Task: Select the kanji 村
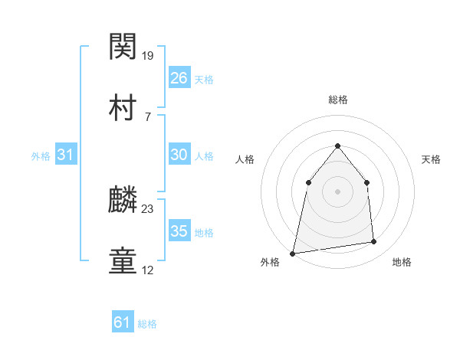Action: (124, 108)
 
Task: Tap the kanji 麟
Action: (124, 201)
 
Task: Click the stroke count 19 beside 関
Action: (149, 55)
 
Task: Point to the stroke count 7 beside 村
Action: (147, 116)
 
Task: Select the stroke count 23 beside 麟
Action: (149, 208)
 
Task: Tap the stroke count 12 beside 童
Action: (148, 270)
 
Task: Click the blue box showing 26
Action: (179, 78)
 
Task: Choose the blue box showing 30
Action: (179, 155)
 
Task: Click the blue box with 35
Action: (179, 231)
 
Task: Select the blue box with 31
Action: (67, 155)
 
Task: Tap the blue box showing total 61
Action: (122, 322)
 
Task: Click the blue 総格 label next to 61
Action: (147, 324)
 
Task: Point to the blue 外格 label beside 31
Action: (41, 156)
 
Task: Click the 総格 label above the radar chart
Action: (337, 100)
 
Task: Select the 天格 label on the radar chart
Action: (431, 159)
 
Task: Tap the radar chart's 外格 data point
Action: (293, 253)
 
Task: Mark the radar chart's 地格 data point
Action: (374, 242)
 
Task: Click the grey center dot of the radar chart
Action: (337, 191)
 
